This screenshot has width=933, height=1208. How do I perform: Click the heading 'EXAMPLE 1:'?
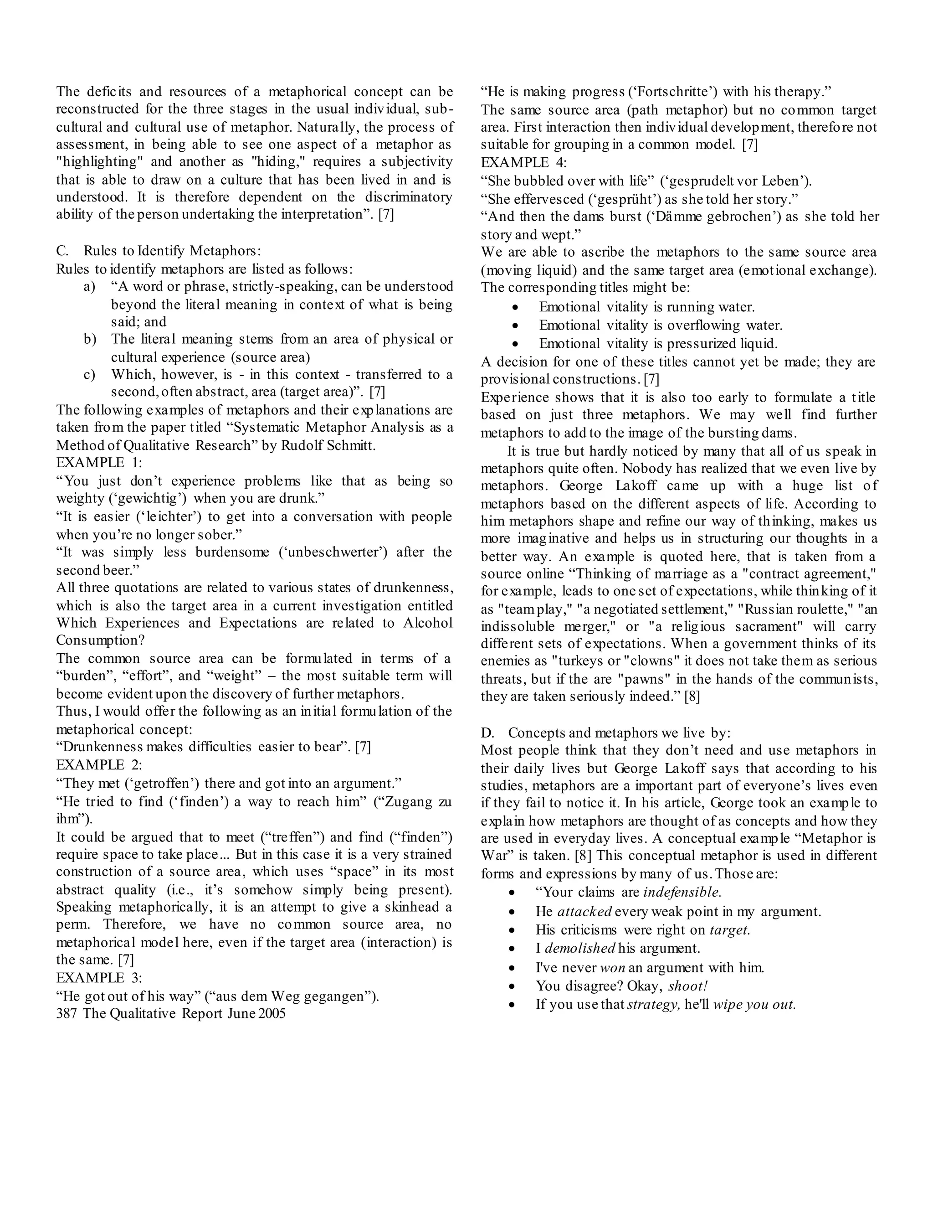click(99, 462)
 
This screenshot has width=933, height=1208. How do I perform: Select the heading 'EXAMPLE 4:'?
click(523, 163)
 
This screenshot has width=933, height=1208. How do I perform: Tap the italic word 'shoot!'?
click(687, 986)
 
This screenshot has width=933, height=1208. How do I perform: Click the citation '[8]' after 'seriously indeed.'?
click(692, 697)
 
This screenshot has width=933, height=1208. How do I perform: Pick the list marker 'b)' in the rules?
click(90, 339)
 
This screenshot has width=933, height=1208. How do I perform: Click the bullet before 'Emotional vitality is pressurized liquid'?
click(515, 344)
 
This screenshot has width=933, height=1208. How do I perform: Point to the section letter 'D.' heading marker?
click(487, 733)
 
